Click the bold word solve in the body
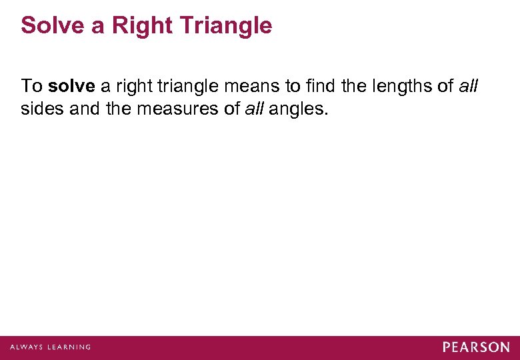click(x=73, y=86)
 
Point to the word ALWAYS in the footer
click(x=25, y=347)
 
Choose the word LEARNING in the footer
click(x=68, y=347)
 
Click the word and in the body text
click(x=83, y=109)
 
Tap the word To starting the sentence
click(x=31, y=86)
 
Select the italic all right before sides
click(x=469, y=86)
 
